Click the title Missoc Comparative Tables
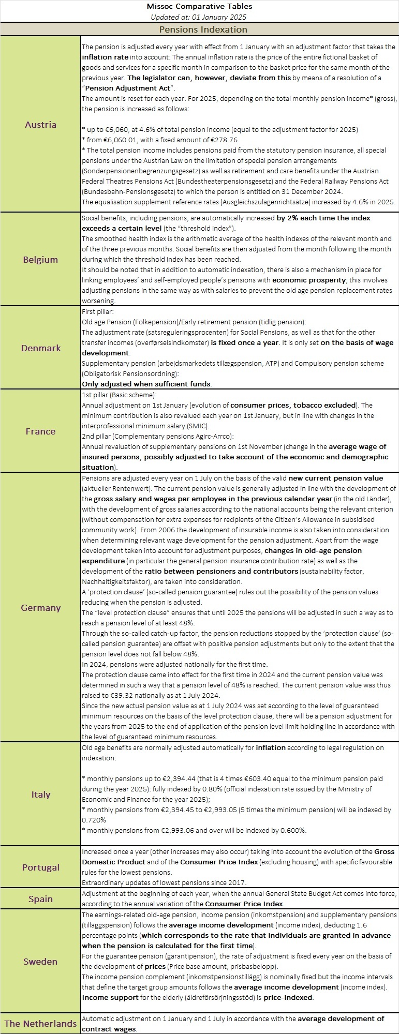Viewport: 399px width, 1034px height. pos(199,6)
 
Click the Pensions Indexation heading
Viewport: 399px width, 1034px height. pos(203,29)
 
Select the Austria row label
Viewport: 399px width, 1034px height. pos(40,124)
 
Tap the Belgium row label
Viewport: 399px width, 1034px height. pos(40,259)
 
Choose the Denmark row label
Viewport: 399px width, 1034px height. pos(40,348)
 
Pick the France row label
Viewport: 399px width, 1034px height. pos(40,431)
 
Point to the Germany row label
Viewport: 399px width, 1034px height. pos(40,607)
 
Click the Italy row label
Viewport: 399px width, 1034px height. pos(40,794)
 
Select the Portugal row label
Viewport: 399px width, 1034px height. pos(40,867)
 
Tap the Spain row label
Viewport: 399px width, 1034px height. pos(40,898)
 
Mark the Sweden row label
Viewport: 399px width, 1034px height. pos(40,961)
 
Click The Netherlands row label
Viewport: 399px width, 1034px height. pos(40,1023)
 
